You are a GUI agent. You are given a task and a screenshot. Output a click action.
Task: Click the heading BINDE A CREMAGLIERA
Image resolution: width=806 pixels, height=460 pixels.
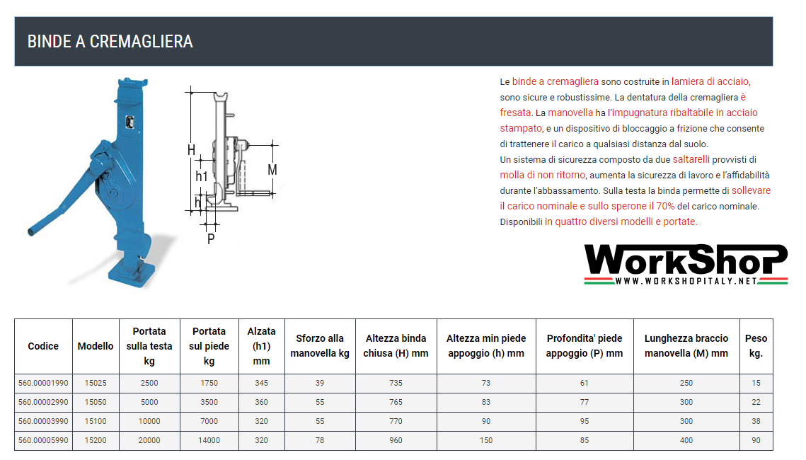point(110,41)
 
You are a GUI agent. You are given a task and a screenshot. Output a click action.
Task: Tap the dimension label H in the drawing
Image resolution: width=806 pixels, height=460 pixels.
point(191,150)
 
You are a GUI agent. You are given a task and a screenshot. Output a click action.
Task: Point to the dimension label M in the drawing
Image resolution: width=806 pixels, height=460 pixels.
point(272,170)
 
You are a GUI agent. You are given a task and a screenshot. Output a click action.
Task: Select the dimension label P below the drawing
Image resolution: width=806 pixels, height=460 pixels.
point(211,238)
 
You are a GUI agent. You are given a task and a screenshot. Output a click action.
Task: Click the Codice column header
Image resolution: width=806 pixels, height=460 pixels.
point(43,346)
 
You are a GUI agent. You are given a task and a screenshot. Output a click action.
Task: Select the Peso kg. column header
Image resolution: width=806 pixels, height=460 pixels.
point(756,346)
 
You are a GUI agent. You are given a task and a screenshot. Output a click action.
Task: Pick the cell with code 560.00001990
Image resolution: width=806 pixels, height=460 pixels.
point(43,383)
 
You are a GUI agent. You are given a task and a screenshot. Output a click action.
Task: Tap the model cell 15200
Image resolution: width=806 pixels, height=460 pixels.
point(96,440)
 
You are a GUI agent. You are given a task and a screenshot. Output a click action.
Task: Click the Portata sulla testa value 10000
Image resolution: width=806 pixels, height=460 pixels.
point(149,421)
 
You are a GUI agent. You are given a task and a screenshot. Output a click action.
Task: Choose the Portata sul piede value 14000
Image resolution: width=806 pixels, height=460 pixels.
point(209,440)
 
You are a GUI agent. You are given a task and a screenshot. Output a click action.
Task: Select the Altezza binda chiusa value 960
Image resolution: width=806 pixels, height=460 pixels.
point(396,440)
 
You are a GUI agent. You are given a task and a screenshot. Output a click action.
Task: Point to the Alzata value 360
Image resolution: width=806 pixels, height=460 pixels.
point(261,402)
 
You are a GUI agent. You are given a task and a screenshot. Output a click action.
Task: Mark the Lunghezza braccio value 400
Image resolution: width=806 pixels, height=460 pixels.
point(686,440)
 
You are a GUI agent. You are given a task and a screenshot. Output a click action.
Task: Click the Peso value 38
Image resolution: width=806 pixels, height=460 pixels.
point(756,421)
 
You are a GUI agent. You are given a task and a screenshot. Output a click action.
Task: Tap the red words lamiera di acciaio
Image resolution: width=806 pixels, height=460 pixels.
point(710,81)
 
